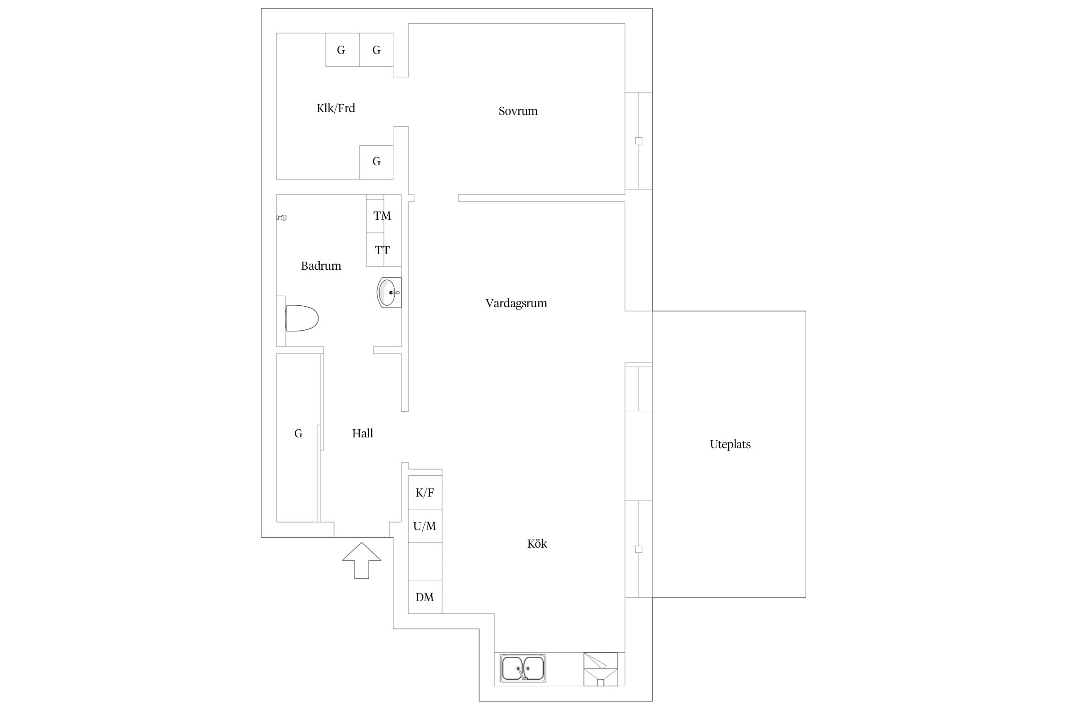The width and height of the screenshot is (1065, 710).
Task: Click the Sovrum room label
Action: coord(518,111)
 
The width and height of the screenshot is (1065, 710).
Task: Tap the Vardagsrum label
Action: coord(516,303)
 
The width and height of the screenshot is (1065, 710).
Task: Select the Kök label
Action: coord(537,543)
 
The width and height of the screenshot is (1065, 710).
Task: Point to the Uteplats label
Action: coord(730,444)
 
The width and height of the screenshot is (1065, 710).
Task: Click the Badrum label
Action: coord(321,266)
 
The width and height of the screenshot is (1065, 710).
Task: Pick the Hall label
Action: coord(362,433)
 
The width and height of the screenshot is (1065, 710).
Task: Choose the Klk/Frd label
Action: coord(336,108)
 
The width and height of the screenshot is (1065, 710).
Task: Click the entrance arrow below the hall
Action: coord(362,560)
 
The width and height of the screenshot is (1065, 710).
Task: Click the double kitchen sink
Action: coord(523,668)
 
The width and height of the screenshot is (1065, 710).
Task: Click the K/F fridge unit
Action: coord(425,492)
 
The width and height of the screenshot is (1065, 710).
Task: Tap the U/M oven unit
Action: coord(425,526)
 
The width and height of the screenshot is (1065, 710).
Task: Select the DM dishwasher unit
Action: coord(425,597)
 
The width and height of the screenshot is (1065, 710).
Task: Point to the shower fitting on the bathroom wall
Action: coord(282,218)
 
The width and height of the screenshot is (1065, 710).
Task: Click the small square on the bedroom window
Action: coord(639,141)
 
